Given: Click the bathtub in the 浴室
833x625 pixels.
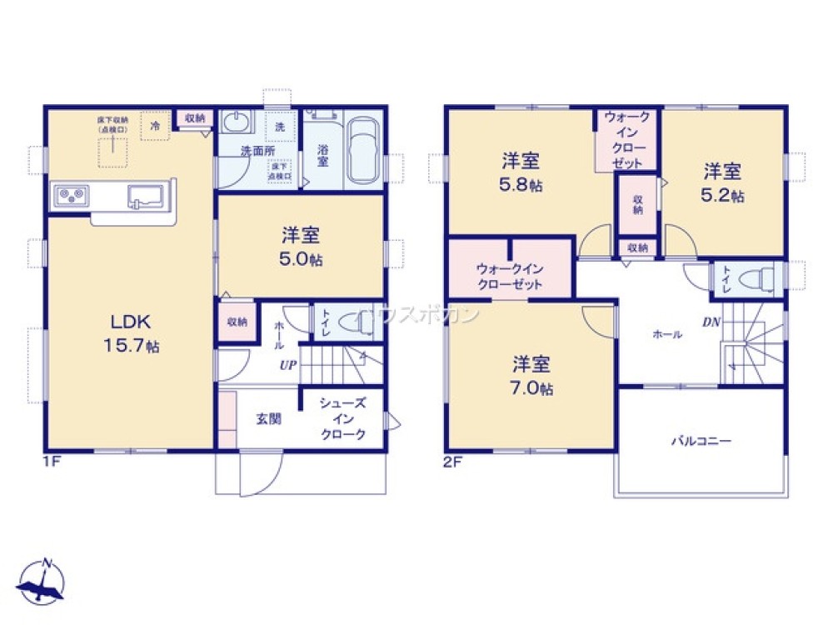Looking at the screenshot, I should pyautogui.click(x=362, y=150).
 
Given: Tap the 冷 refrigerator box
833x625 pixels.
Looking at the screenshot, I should pyautogui.click(x=155, y=125).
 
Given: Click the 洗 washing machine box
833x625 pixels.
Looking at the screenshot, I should pyautogui.click(x=279, y=127).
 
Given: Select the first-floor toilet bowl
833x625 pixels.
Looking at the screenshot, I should pyautogui.click(x=358, y=324).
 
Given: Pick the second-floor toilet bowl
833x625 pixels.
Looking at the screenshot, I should pyautogui.click(x=756, y=279).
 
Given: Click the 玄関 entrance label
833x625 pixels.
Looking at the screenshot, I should pyautogui.click(x=268, y=418).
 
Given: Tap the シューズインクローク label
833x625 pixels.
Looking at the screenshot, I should pyautogui.click(x=342, y=418).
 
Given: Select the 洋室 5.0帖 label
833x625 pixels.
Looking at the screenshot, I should pyautogui.click(x=300, y=247).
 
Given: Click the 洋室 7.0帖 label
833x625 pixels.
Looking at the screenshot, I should pyautogui.click(x=532, y=376).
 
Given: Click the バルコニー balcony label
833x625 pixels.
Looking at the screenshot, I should pyautogui.click(x=701, y=441).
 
